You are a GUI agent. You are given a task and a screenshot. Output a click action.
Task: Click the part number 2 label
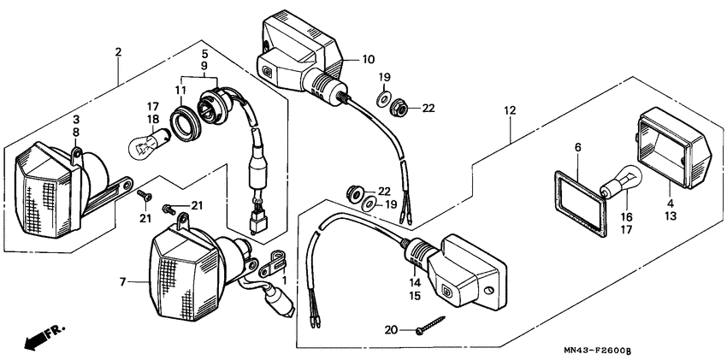118,52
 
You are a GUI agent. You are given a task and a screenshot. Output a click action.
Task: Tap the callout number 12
510,110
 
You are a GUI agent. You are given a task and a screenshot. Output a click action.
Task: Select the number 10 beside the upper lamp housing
368,60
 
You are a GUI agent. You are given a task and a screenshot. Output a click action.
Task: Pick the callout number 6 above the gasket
577,148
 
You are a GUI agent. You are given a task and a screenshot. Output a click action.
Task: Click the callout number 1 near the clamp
284,280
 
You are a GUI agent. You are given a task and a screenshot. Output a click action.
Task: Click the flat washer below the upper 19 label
384,93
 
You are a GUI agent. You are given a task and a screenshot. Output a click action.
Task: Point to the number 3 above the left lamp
75,119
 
